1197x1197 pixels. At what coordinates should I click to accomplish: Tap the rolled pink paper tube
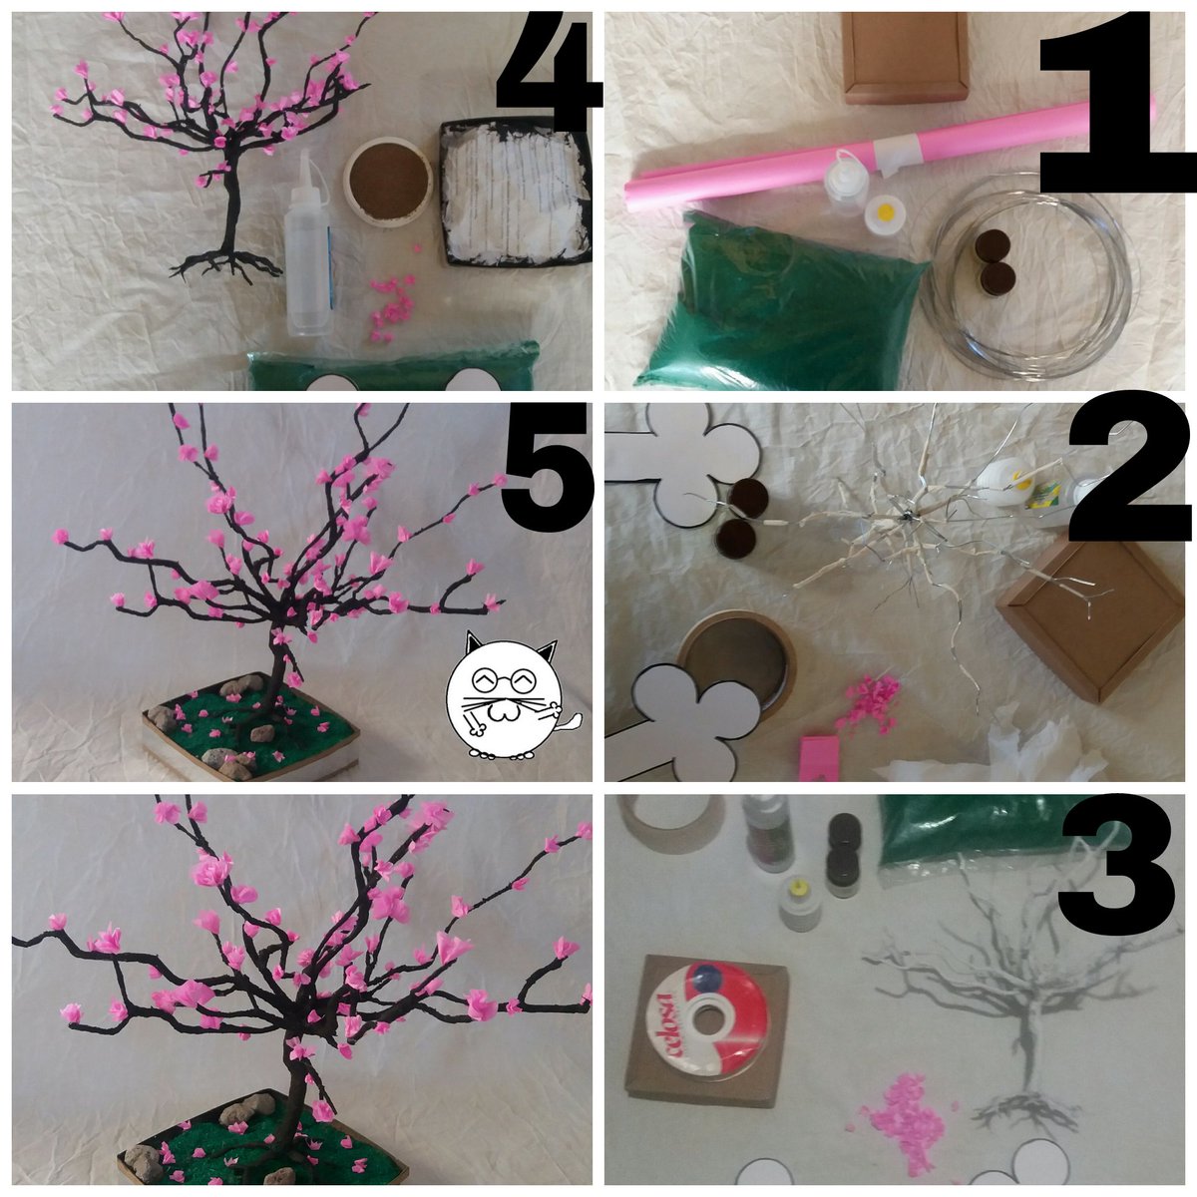[x=889, y=156]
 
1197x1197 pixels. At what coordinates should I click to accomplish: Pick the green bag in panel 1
[x=776, y=304]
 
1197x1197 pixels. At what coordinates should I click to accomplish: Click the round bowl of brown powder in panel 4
[x=388, y=182]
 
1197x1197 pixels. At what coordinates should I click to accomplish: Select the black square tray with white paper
[x=516, y=193]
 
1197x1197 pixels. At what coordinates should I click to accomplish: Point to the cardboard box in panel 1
[x=906, y=57]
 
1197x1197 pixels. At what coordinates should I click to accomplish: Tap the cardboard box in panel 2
[x=1090, y=621]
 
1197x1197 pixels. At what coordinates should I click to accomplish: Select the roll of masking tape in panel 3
[x=671, y=823]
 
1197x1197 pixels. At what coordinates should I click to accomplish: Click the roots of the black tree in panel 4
[x=226, y=264]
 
